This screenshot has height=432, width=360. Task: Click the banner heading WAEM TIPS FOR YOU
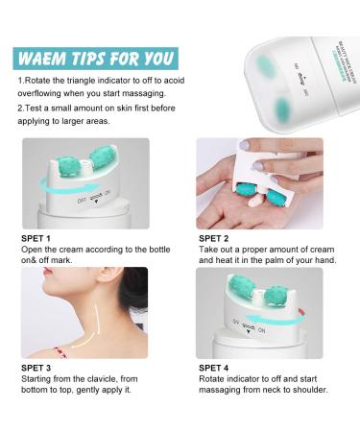click(x=96, y=59)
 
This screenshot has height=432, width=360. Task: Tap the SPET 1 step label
click(x=36, y=238)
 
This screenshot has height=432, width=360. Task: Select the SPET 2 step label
click(x=214, y=238)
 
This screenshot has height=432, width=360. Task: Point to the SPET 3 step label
click(x=36, y=368)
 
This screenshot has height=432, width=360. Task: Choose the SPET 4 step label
click(x=214, y=368)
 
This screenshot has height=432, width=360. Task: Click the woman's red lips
click(x=48, y=271)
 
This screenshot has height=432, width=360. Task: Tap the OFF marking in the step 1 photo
click(x=82, y=201)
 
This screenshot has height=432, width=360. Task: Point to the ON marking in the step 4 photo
click(x=262, y=330)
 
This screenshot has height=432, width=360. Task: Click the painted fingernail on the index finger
click(x=245, y=145)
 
